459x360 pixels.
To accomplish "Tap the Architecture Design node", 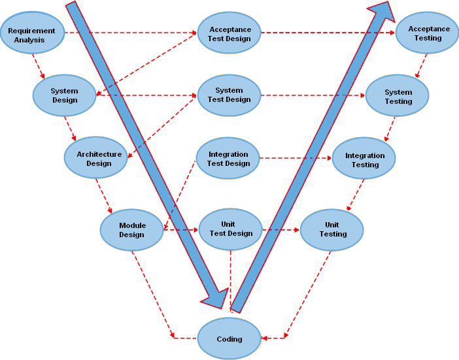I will [x=95, y=159].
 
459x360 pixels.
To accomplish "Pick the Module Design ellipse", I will [x=131, y=230].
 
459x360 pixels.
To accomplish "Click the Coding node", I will [x=229, y=338].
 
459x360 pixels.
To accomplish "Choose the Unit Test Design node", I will [x=230, y=229].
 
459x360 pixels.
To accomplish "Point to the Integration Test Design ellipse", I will [x=228, y=159].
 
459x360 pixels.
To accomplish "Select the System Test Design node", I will [x=229, y=95].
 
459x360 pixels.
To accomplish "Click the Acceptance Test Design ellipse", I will [x=229, y=34].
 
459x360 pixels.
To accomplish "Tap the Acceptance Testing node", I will [x=428, y=33].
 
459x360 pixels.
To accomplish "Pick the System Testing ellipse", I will [x=398, y=97].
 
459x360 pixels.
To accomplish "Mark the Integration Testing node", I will [x=364, y=160].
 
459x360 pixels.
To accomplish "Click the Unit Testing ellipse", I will [x=332, y=229].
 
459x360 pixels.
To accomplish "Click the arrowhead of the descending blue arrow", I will [x=215, y=297].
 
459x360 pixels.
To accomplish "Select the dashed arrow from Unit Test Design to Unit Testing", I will [x=281, y=229].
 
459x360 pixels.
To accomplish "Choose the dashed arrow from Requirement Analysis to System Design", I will [x=39, y=66].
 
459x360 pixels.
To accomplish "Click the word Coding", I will [x=229, y=339].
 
